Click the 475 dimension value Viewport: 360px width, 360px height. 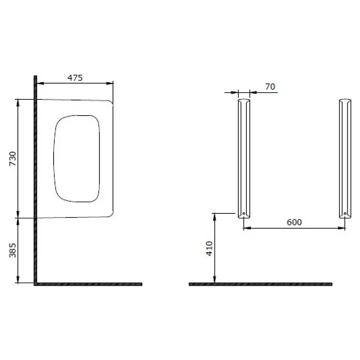click(75, 78)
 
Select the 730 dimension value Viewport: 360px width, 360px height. click(13, 158)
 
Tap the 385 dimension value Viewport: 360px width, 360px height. click(13, 250)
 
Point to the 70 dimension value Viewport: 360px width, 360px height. click(270, 87)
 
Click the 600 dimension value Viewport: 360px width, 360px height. click(294, 222)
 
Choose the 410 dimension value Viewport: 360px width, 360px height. click(209, 248)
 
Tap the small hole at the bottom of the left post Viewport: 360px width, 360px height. click(244, 214)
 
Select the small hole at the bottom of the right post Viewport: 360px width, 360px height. click(345, 214)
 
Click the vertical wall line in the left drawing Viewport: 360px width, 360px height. click(35, 180)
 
